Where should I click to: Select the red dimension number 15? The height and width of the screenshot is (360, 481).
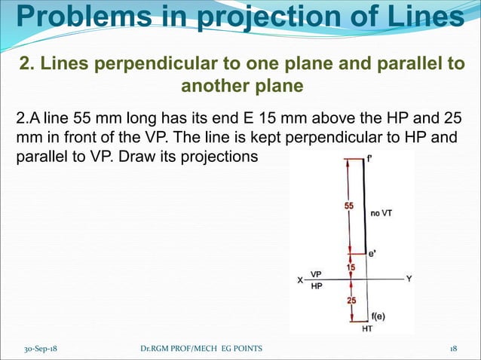(351, 267)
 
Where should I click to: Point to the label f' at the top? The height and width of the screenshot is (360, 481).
(370, 159)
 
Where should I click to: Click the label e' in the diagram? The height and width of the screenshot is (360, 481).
(372, 255)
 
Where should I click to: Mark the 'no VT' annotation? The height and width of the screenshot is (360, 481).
(381, 213)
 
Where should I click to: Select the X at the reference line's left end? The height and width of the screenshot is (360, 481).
(299, 280)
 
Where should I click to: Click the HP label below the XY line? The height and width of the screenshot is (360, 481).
(317, 286)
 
